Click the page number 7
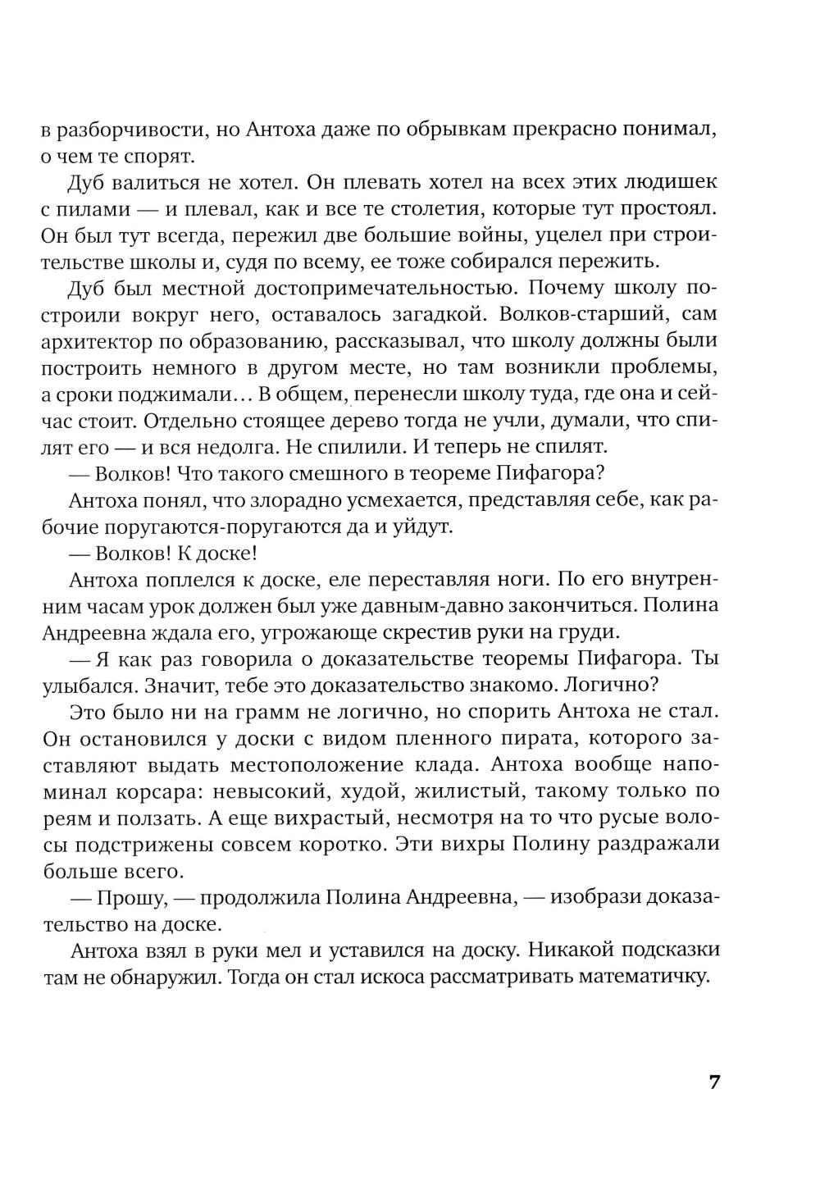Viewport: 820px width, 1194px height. pos(713,1082)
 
